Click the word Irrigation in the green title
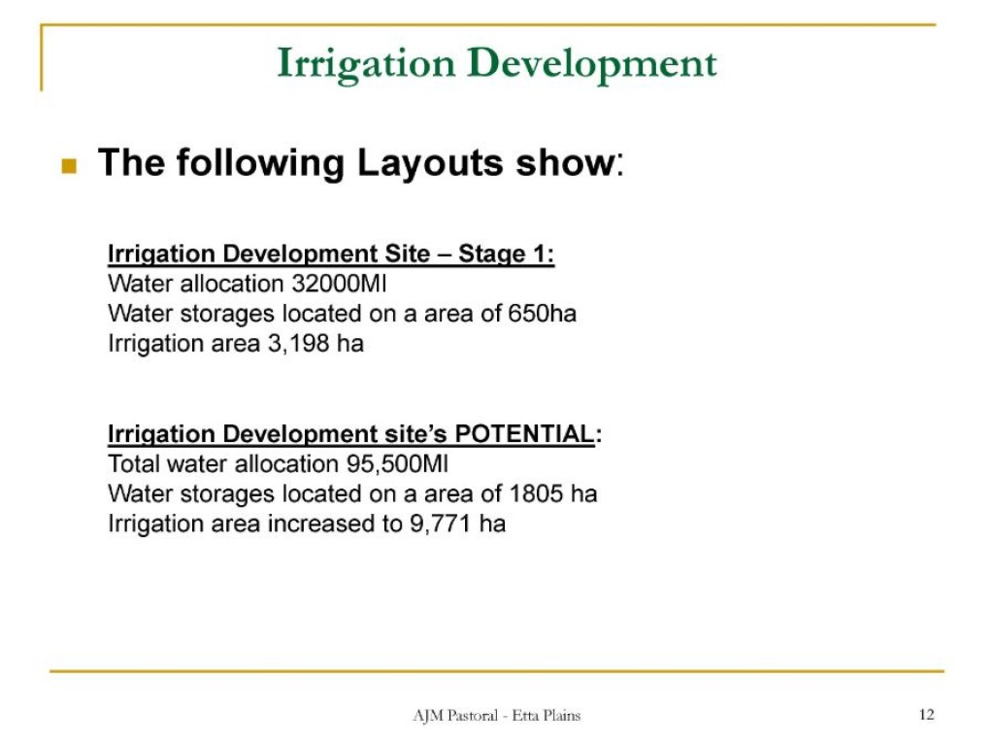(x=366, y=65)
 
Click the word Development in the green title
(x=592, y=65)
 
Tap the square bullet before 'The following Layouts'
(x=69, y=165)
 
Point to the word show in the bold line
(x=566, y=163)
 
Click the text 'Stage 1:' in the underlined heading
(x=507, y=254)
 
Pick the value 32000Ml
(x=339, y=284)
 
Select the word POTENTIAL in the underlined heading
(x=525, y=434)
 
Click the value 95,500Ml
(x=397, y=464)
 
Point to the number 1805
(x=536, y=493)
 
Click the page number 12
(x=927, y=715)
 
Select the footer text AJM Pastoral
(x=456, y=716)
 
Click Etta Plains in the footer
(x=547, y=716)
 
